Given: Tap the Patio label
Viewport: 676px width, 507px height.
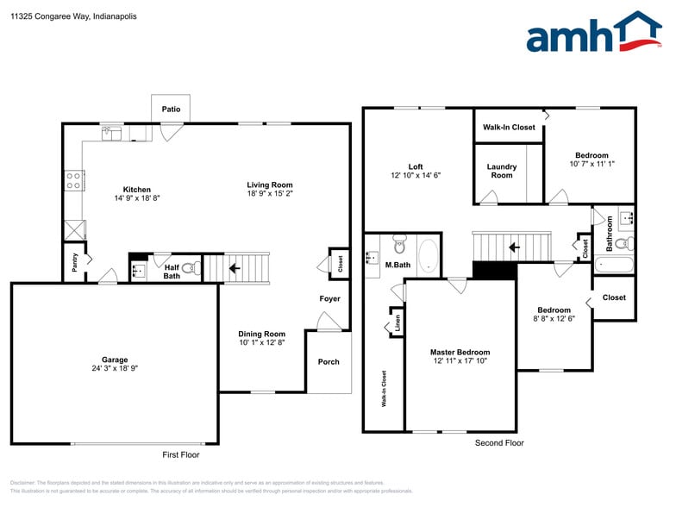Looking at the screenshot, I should click(171, 110).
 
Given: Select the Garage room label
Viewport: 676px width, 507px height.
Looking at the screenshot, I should click(115, 360).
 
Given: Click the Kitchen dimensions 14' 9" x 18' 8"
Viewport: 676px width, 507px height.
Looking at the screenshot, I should click(137, 198).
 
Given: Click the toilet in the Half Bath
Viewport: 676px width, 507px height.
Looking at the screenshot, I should click(191, 269).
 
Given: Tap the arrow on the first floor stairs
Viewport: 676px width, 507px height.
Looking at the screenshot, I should click(234, 267).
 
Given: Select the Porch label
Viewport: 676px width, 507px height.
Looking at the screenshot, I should click(329, 361).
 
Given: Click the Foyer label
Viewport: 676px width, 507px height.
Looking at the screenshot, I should click(329, 298).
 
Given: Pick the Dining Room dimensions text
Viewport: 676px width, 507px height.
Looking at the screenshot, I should click(261, 342).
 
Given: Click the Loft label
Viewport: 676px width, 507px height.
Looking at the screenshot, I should click(416, 166).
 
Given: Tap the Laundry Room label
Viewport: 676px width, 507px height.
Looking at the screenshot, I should click(502, 171).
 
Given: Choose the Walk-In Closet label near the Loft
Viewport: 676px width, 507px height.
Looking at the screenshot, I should click(509, 128).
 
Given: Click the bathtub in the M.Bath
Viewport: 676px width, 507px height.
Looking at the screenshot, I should click(427, 256).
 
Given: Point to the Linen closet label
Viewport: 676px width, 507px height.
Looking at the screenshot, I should click(397, 323).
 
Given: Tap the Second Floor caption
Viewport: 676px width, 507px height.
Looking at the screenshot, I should click(499, 443).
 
